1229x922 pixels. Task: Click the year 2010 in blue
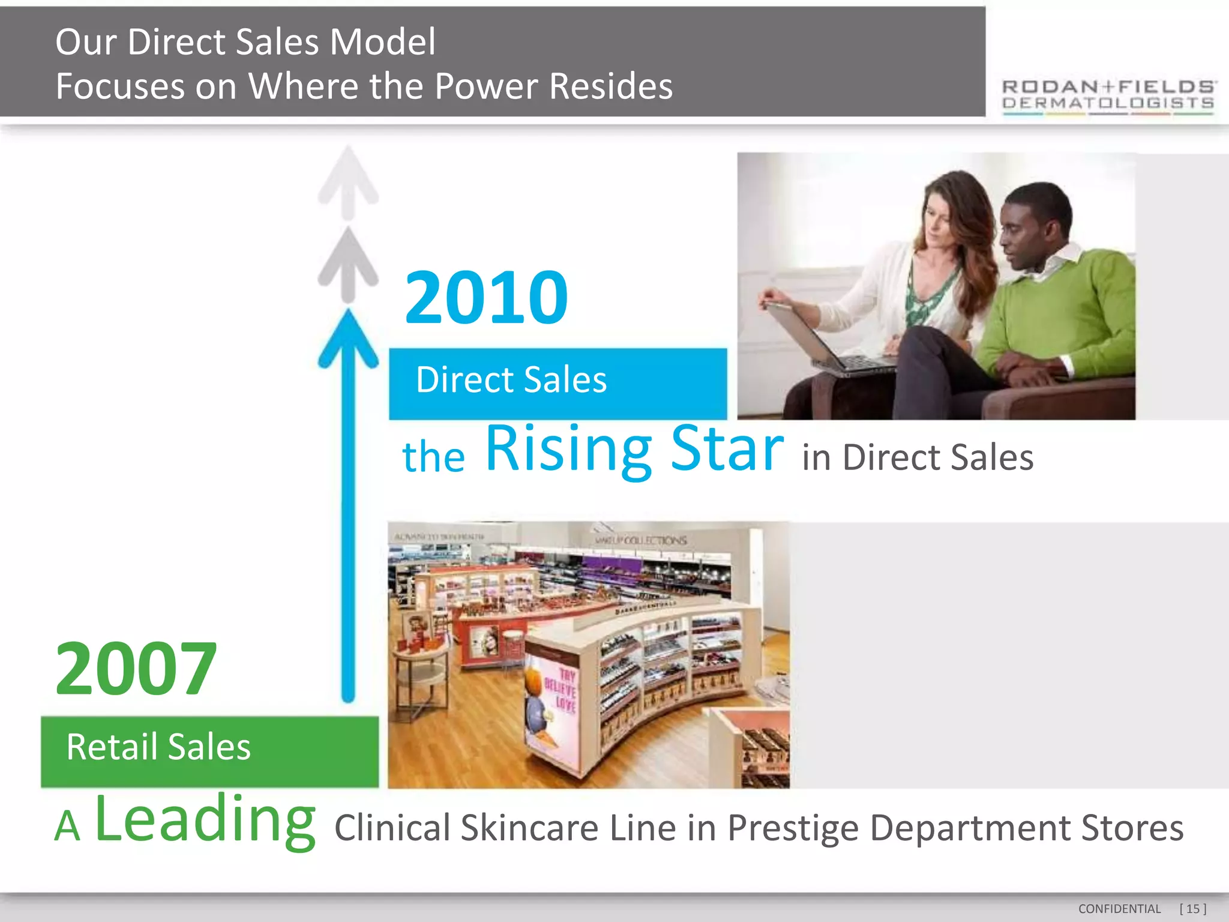pos(486,298)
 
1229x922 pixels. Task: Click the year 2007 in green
pos(136,669)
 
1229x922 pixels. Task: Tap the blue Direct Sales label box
pos(557,383)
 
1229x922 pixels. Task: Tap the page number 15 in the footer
pos(1192,909)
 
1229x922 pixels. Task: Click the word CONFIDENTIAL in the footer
pos(1119,909)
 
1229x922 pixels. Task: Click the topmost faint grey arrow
pos(348,180)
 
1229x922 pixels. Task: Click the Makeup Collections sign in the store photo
pos(641,540)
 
